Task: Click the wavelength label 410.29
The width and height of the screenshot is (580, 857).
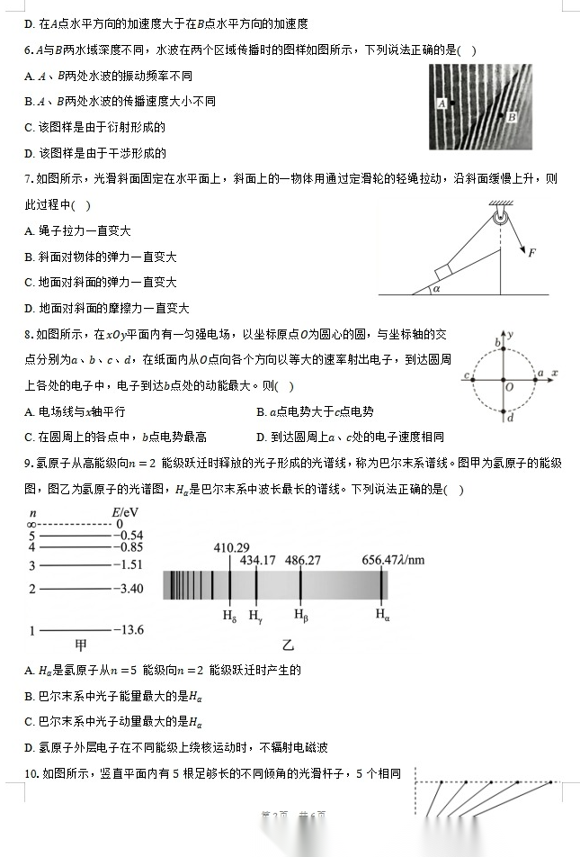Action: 231,547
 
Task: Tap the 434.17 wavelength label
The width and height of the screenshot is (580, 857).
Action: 258,560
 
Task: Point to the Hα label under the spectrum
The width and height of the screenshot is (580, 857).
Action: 383,616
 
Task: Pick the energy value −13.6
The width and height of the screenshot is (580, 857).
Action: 128,630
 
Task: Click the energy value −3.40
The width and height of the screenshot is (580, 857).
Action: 128,589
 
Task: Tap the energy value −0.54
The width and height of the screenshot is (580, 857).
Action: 128,535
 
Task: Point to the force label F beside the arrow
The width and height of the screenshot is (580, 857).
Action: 531,253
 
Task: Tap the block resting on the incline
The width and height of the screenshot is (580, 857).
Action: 445,273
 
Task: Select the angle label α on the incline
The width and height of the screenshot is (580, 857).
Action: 437,289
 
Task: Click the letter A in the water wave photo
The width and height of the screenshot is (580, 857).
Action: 442,104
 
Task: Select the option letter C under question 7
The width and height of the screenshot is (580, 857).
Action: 30,283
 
